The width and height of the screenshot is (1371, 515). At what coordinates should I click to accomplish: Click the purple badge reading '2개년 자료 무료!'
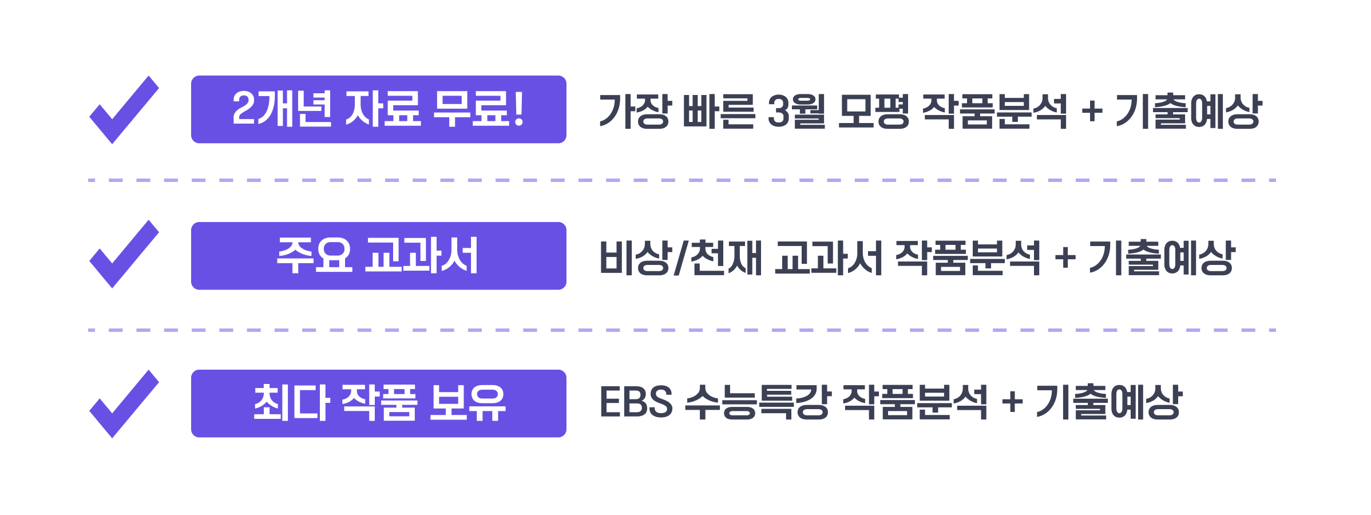click(x=378, y=109)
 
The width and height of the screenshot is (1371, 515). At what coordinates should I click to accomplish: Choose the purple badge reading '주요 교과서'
click(x=378, y=256)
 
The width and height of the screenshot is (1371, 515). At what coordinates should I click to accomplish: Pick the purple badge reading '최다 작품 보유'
click(x=378, y=403)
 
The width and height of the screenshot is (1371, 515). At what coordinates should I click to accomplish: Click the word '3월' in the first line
click(x=796, y=111)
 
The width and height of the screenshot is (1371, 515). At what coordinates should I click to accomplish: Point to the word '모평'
click(x=873, y=111)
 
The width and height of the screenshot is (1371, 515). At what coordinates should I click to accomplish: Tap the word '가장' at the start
click(x=633, y=111)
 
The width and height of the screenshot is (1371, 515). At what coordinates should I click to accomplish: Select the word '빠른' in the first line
click(x=719, y=111)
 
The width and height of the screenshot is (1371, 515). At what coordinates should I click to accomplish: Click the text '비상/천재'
click(x=680, y=258)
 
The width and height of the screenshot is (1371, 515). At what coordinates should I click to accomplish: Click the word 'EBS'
click(x=636, y=402)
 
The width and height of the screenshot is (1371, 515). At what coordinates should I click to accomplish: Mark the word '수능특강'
click(x=757, y=402)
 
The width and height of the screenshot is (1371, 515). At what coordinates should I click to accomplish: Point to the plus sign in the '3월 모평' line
click(x=1092, y=110)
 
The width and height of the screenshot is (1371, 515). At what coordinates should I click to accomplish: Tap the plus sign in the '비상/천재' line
click(x=1065, y=257)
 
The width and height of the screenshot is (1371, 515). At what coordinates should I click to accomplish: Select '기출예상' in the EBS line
click(x=1109, y=402)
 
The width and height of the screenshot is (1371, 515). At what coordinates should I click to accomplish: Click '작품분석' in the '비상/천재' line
click(x=968, y=258)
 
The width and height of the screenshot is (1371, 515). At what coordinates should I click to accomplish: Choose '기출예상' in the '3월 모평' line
click(x=1188, y=111)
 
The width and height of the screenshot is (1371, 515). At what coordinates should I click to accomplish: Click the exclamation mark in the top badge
click(x=518, y=109)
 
